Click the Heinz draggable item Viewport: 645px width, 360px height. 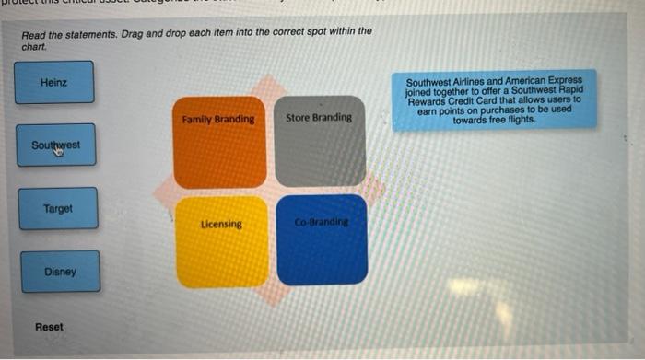click(x=54, y=82)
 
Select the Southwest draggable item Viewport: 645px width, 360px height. click(x=55, y=145)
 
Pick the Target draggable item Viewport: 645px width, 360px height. click(x=57, y=209)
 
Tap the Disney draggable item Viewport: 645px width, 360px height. click(x=60, y=273)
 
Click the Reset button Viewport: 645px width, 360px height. click(x=50, y=328)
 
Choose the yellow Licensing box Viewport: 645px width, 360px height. click(x=221, y=241)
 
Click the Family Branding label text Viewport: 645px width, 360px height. click(x=218, y=120)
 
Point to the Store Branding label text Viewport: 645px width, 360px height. click(x=319, y=118)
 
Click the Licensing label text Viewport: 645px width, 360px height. click(x=221, y=224)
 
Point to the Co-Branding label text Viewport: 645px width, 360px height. click(x=321, y=223)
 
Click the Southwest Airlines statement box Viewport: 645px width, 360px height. click(x=494, y=99)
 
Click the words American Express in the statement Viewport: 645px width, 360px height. click(x=551, y=81)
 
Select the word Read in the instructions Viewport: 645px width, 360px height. click(x=34, y=33)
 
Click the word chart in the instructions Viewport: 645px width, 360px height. click(x=33, y=43)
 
